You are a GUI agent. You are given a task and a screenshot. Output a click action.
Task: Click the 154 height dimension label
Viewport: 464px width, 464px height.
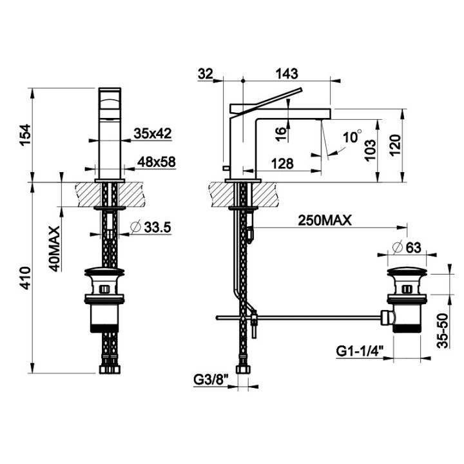click(25, 135)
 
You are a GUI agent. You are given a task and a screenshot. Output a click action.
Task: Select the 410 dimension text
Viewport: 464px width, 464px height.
click(25, 278)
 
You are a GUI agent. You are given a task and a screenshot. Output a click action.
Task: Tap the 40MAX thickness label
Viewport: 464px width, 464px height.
click(54, 249)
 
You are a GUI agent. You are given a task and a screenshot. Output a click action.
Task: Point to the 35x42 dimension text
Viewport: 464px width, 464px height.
click(152, 133)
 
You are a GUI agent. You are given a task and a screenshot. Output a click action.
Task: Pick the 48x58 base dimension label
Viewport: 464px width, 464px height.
click(156, 162)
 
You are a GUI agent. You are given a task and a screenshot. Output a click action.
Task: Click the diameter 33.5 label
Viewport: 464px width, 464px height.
click(151, 227)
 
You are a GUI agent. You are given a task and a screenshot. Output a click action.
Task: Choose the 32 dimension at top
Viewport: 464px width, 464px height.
click(206, 73)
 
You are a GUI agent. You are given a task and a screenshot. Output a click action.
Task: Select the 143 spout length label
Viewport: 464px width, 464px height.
click(287, 73)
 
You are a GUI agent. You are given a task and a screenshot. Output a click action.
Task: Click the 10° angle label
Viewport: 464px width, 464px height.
click(352, 137)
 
